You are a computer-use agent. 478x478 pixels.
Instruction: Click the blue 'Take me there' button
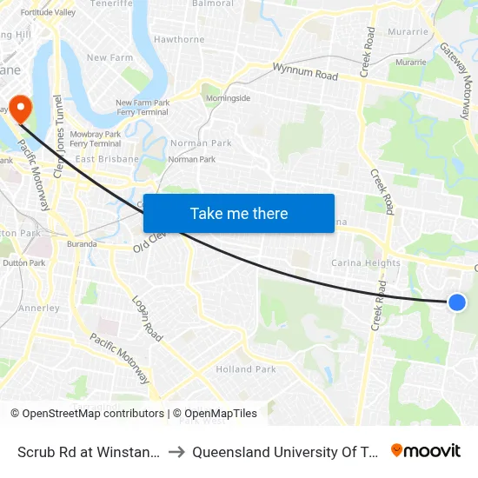(x=239, y=213)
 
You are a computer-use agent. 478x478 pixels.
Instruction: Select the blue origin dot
(x=457, y=302)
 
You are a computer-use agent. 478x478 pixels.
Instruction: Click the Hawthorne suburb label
(x=179, y=39)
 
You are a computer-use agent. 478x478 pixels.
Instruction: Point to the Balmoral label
(x=213, y=3)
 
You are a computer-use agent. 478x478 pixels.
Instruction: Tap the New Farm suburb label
(x=109, y=57)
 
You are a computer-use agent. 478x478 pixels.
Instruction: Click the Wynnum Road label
(x=304, y=73)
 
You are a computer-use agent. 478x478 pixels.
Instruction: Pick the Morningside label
(x=228, y=98)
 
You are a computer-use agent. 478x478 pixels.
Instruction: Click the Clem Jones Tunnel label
(x=60, y=129)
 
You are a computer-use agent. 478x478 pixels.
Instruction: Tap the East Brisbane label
(x=107, y=159)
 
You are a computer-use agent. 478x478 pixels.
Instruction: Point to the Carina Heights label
(x=366, y=262)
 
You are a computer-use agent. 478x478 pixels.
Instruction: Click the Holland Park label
(x=246, y=369)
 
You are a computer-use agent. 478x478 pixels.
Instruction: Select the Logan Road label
(x=148, y=318)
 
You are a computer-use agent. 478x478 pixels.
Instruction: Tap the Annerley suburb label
(x=39, y=308)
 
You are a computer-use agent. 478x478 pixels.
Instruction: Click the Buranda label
(x=82, y=244)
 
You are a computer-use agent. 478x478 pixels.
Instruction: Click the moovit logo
(x=426, y=451)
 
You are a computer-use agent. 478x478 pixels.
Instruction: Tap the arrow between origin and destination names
(x=176, y=452)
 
